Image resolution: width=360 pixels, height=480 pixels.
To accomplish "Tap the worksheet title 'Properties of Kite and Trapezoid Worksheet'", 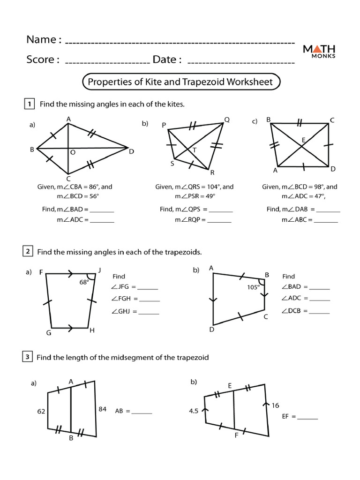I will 180,82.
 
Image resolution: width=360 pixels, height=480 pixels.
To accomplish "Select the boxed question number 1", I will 29,104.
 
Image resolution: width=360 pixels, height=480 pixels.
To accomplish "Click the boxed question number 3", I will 29,357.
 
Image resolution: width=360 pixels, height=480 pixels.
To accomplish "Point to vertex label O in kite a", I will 73,152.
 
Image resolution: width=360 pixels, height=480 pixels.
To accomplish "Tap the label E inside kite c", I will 304,140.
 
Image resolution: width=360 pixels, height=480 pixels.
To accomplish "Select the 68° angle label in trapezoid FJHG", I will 84,283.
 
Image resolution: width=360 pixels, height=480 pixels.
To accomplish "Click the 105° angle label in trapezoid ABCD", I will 253,288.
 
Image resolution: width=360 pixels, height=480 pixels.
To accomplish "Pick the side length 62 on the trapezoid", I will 41,411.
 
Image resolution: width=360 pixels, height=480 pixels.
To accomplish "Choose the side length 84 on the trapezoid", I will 103,409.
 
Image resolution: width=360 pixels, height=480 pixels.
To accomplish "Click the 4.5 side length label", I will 194,411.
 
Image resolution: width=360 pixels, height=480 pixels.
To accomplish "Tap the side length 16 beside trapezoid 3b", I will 275,405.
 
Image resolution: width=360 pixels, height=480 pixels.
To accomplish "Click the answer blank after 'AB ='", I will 142,412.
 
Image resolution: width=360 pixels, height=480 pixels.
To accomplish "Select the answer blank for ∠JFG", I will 148,287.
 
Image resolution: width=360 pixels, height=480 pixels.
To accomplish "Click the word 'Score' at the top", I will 42,60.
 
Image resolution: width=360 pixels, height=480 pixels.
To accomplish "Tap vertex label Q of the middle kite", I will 227,120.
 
